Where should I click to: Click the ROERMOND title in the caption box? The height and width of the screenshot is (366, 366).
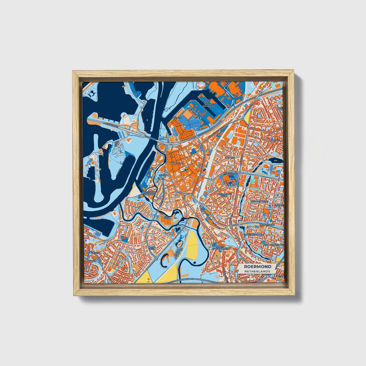[258, 267]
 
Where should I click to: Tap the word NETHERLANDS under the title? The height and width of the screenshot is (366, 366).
[258, 271]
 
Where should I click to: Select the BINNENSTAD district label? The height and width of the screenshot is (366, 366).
[177, 164]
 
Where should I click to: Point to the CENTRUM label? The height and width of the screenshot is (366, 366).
[164, 175]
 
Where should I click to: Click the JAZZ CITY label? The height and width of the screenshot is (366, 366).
[177, 118]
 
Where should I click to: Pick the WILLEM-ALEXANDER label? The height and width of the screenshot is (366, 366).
[210, 105]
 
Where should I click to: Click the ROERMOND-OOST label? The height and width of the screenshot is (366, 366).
[230, 174]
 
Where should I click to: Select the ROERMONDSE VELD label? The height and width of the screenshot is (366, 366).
[224, 195]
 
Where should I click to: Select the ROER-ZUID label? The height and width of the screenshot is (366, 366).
[151, 248]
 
